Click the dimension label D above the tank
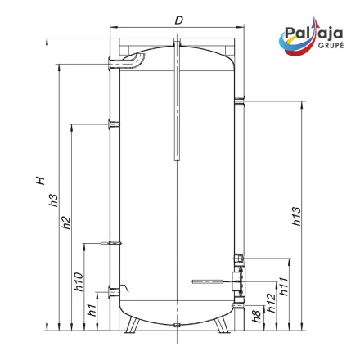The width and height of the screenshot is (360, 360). pyautogui.click(x=178, y=20)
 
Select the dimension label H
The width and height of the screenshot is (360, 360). pyautogui.click(x=40, y=181)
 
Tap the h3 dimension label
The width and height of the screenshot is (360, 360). pyautogui.click(x=53, y=200)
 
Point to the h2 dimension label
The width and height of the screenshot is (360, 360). pyautogui.click(x=66, y=223)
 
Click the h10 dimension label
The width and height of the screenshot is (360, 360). pyautogui.click(x=79, y=281)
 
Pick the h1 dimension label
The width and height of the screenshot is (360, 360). pyautogui.click(x=92, y=310)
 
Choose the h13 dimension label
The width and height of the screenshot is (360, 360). pyautogui.click(x=296, y=216)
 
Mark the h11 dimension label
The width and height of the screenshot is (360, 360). pyautogui.click(x=284, y=287)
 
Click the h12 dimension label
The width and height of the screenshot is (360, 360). pyautogui.click(x=272, y=303)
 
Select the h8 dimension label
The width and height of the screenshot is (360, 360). pyautogui.click(x=257, y=317)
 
